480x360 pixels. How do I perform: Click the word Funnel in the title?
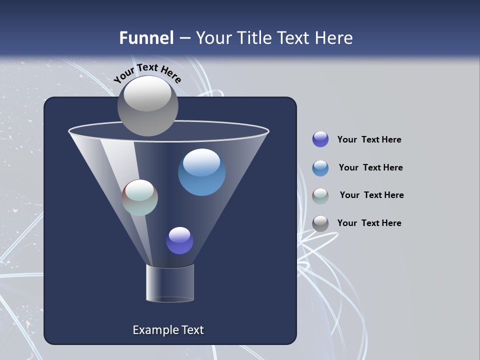[x=146, y=38]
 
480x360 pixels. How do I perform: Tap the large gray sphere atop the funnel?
[x=147, y=105]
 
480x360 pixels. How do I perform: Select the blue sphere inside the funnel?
[x=201, y=173]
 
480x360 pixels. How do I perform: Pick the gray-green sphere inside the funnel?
[x=140, y=197]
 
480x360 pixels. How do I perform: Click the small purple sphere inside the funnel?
[x=179, y=240]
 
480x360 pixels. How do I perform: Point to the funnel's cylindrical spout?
[x=169, y=283]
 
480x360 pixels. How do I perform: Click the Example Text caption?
[x=168, y=330]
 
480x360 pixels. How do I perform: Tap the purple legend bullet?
[x=320, y=139]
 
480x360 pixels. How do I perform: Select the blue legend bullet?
[x=320, y=167]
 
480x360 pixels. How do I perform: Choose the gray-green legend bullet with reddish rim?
[x=320, y=195]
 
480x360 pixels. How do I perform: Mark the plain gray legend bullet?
[x=320, y=223]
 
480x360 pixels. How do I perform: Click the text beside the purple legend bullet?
[x=369, y=140]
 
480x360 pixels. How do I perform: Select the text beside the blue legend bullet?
[x=370, y=167]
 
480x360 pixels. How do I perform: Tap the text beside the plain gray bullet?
[x=369, y=223]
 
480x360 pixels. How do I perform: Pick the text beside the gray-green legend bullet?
[x=371, y=195]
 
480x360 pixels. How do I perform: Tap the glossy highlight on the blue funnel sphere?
[x=201, y=162]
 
